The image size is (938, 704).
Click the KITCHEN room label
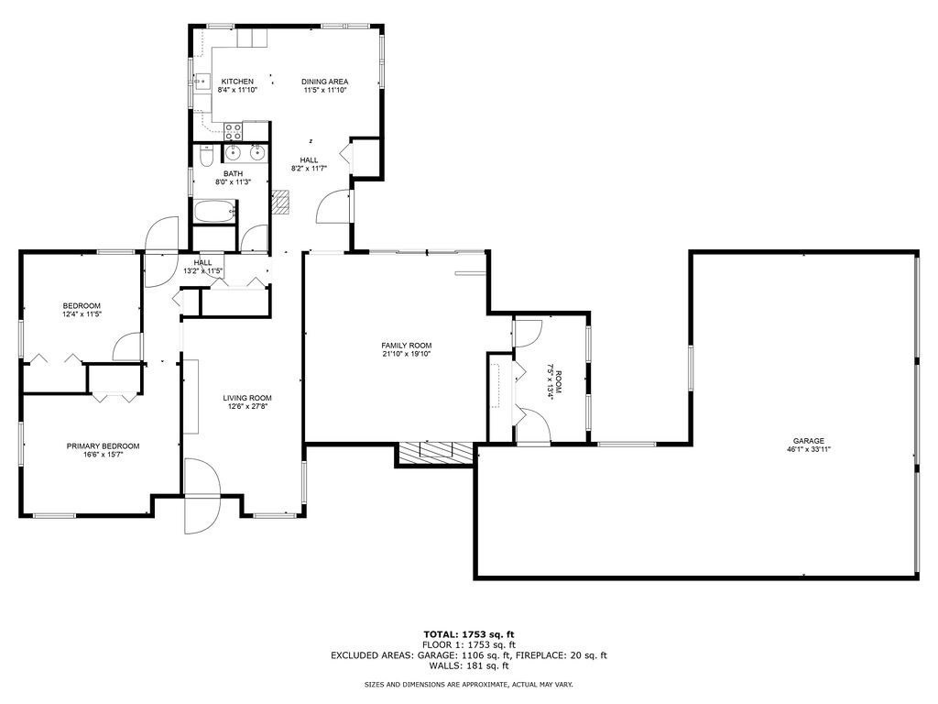click(x=236, y=82)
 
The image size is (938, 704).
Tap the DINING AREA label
click(x=325, y=82)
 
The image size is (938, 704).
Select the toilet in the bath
click(x=206, y=155)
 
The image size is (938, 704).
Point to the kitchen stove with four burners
click(x=234, y=130)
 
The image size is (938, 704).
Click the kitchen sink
click(x=200, y=82)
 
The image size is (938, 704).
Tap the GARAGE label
click(x=809, y=441)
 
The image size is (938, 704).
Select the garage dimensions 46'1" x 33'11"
click(x=809, y=450)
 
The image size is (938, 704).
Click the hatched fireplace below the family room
click(x=436, y=452)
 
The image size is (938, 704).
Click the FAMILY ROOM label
click(x=406, y=346)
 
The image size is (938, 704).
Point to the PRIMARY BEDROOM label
click(x=103, y=446)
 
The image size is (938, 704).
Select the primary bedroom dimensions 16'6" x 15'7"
click(x=103, y=456)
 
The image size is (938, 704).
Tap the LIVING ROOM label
click(x=247, y=398)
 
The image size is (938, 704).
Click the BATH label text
click(x=234, y=173)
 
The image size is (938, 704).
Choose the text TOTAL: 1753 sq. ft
click(x=468, y=634)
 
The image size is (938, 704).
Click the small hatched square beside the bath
click(x=281, y=201)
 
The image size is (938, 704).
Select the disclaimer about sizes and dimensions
click(x=468, y=685)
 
